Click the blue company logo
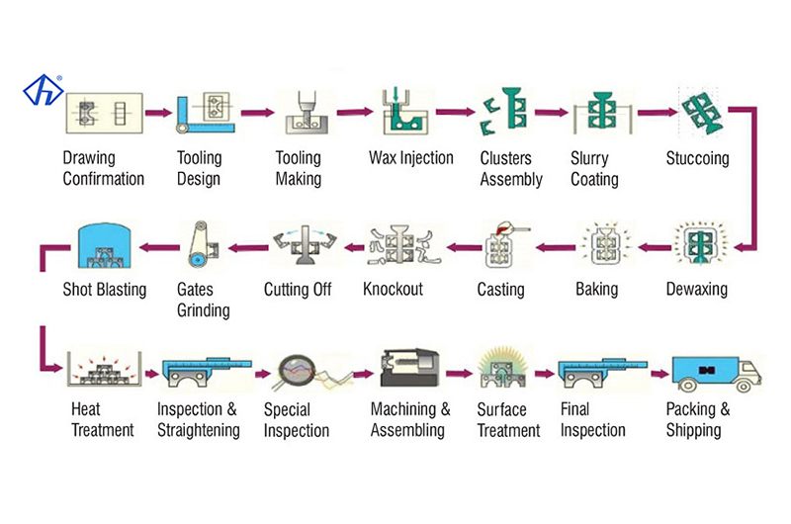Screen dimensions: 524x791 point(44,91)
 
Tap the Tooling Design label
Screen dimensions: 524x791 point(199,168)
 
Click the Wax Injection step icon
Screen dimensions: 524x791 point(403,114)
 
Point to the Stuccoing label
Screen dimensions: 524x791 point(697,158)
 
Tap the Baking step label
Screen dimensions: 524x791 point(596,290)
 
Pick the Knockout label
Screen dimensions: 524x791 point(393,290)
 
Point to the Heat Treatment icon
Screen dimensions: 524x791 point(102,372)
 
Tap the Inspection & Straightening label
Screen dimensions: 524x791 point(198,419)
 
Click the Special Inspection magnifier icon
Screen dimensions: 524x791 point(304,374)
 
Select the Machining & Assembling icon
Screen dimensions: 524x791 point(408,369)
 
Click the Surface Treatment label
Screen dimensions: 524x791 point(508,419)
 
